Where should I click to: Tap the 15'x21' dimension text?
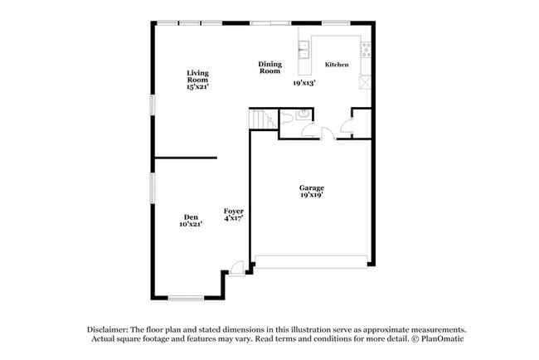[x=197, y=86]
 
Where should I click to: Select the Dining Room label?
[x=269, y=67]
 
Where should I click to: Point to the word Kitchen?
[x=336, y=65]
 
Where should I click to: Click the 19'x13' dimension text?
[x=304, y=83]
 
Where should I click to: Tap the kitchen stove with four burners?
[x=366, y=50]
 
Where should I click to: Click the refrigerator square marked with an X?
[x=365, y=82]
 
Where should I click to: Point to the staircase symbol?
[x=263, y=120]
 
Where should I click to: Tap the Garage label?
[x=312, y=188]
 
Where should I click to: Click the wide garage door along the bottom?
[x=312, y=262]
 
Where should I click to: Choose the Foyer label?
[x=233, y=212]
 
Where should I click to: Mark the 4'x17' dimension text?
[x=233, y=219]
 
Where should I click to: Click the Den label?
[x=190, y=217]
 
